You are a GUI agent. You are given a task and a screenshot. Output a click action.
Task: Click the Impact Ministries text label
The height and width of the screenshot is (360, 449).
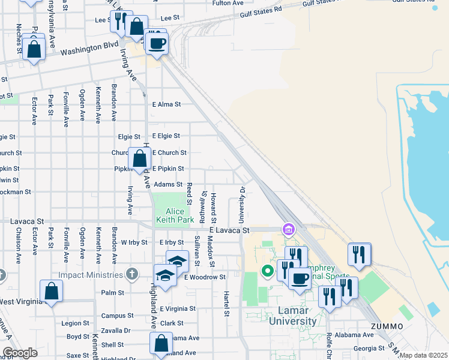click(x=90, y=275)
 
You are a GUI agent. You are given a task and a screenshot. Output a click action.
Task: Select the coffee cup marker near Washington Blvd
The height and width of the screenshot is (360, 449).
click(x=157, y=44)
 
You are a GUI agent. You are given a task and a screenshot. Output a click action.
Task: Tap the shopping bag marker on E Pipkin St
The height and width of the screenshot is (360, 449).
click(x=139, y=160)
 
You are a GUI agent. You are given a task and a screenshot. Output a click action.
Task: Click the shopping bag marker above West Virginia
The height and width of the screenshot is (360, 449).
click(x=52, y=292)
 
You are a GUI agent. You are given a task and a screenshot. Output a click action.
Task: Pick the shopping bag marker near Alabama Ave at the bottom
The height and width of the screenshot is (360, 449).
click(x=161, y=344)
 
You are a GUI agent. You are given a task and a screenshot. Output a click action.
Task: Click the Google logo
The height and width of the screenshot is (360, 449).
click(x=19, y=353)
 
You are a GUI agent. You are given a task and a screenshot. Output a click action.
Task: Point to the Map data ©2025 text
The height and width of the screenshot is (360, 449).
click(x=423, y=355)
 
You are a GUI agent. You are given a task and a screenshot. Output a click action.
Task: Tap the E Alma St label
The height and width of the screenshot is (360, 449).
click(x=166, y=104)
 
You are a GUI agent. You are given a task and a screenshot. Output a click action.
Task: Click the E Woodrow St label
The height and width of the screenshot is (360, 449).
click(x=205, y=277)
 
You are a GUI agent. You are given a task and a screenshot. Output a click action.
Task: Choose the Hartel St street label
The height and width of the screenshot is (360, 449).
click(x=227, y=304)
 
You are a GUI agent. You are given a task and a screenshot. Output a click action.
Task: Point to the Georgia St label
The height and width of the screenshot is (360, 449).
click(x=369, y=348)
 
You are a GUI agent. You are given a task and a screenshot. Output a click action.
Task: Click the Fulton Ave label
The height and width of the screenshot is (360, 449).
click(x=228, y=3)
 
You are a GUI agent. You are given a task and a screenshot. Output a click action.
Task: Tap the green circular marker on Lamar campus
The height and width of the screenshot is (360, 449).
click(x=268, y=271)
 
